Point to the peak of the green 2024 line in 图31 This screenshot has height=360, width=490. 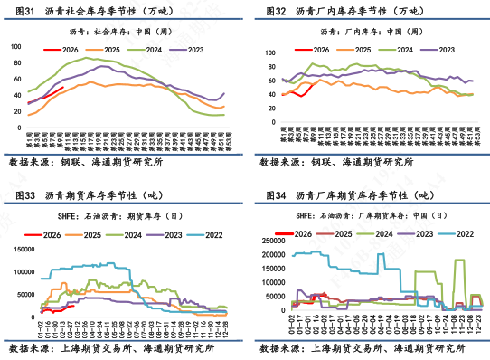pyautogui.click(x=88, y=59)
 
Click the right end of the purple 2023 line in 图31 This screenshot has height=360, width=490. pyautogui.click(x=224, y=93)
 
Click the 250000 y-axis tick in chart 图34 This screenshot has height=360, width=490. pyautogui.click(x=264, y=240)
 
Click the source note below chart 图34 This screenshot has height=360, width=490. pyautogui.click(x=362, y=347)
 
